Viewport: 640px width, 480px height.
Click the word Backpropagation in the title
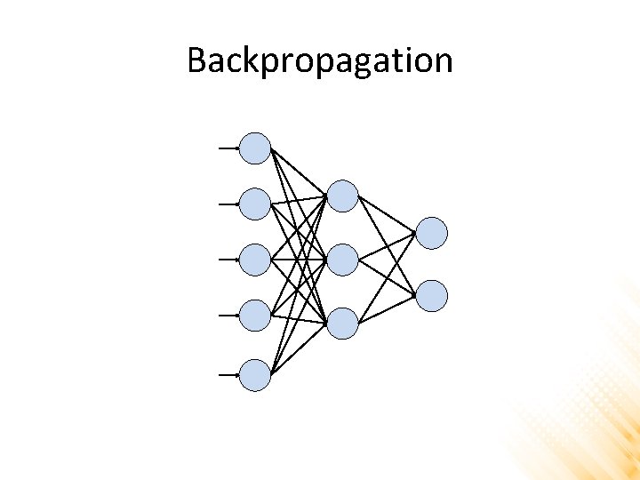pyautogui.click(x=320, y=61)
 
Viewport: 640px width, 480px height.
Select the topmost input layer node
pyautogui.click(x=255, y=148)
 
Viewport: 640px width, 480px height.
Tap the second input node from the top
pyautogui.click(x=255, y=204)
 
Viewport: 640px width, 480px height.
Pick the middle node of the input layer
pyautogui.click(x=255, y=259)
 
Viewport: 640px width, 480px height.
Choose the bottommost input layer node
pyautogui.click(x=255, y=375)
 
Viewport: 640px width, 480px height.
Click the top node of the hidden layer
pyautogui.click(x=342, y=196)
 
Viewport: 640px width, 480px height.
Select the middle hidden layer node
pyautogui.click(x=342, y=260)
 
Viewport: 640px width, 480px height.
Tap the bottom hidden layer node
pyautogui.click(x=342, y=323)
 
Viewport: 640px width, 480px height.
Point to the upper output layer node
pyautogui.click(x=432, y=233)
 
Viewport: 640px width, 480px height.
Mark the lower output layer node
pyautogui.click(x=432, y=295)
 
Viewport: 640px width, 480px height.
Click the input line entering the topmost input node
pyautogui.click(x=228, y=148)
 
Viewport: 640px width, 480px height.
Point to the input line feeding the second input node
pyautogui.click(x=228, y=204)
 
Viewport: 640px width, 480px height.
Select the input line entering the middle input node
pyautogui.click(x=228, y=259)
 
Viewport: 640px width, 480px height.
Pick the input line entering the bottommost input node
pyautogui.click(x=228, y=375)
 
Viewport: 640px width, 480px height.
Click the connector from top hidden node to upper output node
pyautogui.click(x=387, y=214)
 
